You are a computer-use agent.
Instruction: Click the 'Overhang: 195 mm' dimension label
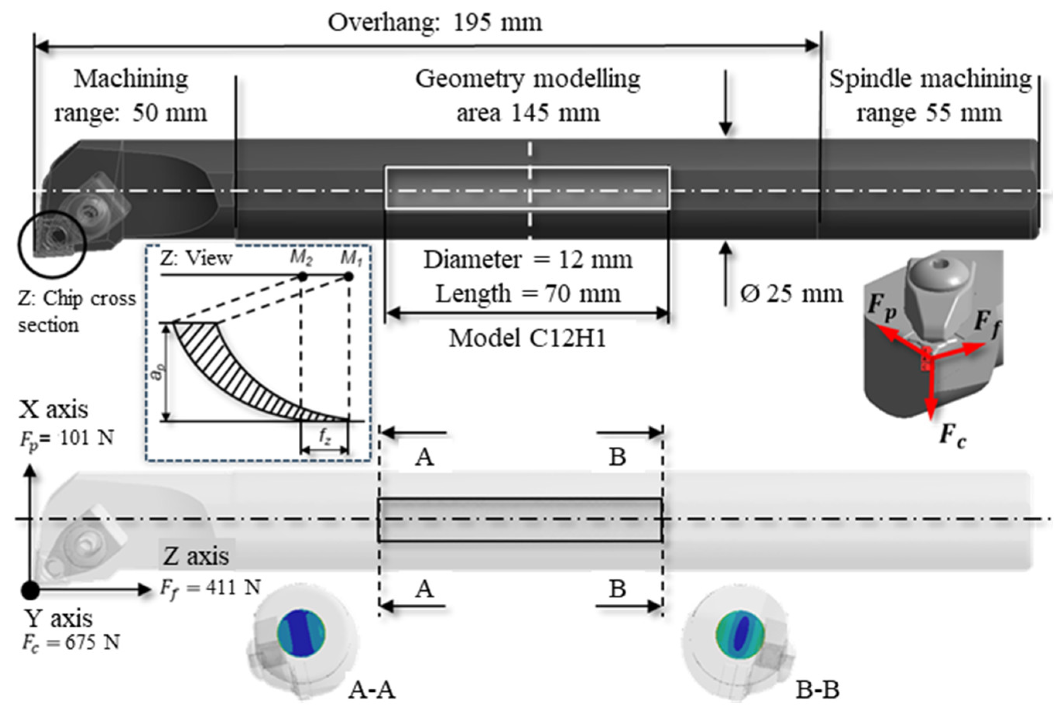pyautogui.click(x=435, y=22)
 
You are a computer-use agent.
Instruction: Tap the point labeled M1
pyautogui.click(x=348, y=277)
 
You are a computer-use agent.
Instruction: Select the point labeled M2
pyautogui.click(x=302, y=277)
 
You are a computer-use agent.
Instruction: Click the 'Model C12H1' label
pyautogui.click(x=527, y=339)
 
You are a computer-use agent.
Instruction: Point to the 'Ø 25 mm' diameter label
pyautogui.click(x=791, y=293)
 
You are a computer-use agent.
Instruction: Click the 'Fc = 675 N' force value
pyautogui.click(x=71, y=643)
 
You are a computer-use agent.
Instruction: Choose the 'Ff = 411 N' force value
pyautogui.click(x=210, y=588)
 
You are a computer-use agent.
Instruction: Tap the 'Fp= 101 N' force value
pyautogui.click(x=67, y=438)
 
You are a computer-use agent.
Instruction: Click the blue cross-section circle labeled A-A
pyautogui.click(x=301, y=633)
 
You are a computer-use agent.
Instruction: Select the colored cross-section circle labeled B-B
pyautogui.click(x=740, y=634)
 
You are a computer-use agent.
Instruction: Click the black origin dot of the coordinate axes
pyautogui.click(x=30, y=590)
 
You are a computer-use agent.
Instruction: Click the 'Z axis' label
pyautogui.click(x=196, y=556)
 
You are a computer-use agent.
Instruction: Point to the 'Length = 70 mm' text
pyautogui.click(x=528, y=293)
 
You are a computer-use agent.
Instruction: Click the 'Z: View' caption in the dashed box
pyautogui.click(x=196, y=259)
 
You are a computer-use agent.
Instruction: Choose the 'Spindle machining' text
pyautogui.click(x=931, y=79)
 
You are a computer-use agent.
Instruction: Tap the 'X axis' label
pyautogui.click(x=53, y=409)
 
